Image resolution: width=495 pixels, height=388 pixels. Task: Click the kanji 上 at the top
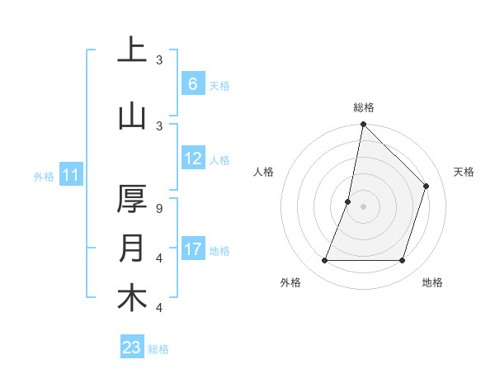pos(132,50)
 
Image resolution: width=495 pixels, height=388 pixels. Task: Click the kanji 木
pos(132,298)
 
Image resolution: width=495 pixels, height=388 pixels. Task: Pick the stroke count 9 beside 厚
pos(160,209)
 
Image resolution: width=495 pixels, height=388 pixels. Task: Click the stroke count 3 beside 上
pos(160,60)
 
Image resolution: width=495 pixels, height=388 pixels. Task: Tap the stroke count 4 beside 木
pos(160,308)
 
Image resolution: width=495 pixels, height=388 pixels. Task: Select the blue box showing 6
pos(192,84)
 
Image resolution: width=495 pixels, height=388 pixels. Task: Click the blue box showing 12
pos(193,159)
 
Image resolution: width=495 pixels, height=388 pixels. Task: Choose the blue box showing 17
pos(193,249)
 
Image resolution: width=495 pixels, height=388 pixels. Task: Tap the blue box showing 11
pos(70,175)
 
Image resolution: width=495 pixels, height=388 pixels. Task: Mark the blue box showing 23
pos(132,348)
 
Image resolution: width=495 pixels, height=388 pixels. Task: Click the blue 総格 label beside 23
pos(158,349)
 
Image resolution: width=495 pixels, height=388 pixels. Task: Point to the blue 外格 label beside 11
pos(43,176)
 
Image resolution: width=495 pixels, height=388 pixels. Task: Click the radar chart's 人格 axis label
pos(263,172)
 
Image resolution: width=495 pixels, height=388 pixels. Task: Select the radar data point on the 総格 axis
pos(363,124)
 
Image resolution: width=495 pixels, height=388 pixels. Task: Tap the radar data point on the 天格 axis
pos(427,186)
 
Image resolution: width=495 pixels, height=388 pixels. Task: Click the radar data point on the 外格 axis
pos(324,261)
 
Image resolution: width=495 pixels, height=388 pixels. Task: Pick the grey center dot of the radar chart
pos(363,206)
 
